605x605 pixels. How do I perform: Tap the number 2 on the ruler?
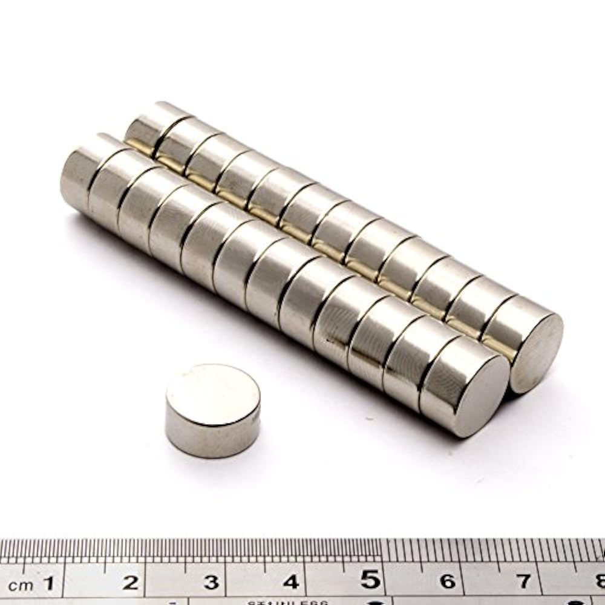tap(130, 583)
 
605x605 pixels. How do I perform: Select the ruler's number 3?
tap(211, 583)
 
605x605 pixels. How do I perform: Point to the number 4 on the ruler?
tap(291, 582)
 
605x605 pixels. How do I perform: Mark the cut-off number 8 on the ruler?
tap(600, 581)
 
